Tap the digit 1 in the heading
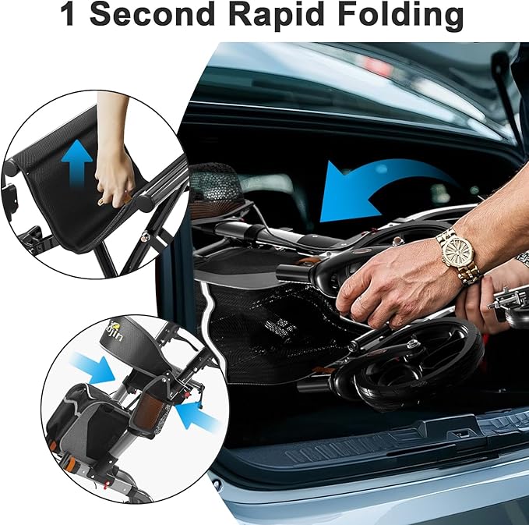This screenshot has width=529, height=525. (x=68, y=14)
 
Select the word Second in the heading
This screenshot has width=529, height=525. (x=152, y=14)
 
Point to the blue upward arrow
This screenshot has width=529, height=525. (x=77, y=164)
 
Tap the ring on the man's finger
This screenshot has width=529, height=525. (x=361, y=298)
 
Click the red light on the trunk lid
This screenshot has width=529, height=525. (x=377, y=66)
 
